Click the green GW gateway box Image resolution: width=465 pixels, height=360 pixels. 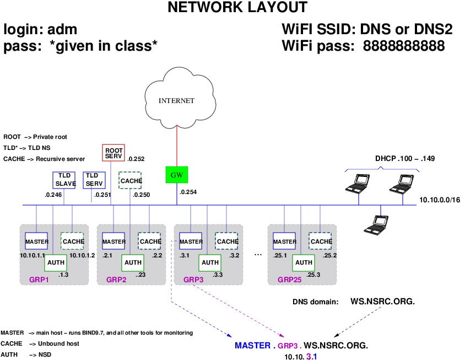(177, 175)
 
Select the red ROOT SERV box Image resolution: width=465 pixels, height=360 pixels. (113, 153)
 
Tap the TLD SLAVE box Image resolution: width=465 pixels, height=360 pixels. (65, 180)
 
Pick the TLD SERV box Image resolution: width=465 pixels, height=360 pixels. (94, 180)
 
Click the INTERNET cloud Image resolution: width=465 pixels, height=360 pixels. (176, 99)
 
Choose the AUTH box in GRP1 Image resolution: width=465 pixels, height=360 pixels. (56, 262)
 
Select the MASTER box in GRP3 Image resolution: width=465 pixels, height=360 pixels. (191, 241)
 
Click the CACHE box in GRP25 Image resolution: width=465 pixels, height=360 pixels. (320, 241)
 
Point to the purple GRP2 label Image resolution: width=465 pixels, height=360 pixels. (116, 280)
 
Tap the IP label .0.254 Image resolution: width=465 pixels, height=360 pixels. (187, 192)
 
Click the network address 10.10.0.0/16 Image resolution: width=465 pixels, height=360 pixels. (439, 200)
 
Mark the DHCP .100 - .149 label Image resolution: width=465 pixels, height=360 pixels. (405, 159)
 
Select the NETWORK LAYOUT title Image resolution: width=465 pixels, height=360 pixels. (237, 8)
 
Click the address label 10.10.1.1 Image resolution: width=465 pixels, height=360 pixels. (33, 255)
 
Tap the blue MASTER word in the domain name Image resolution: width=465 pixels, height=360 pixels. (252, 346)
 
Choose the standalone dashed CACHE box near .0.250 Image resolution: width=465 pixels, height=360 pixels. (131, 181)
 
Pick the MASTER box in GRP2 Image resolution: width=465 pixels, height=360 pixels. (114, 241)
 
